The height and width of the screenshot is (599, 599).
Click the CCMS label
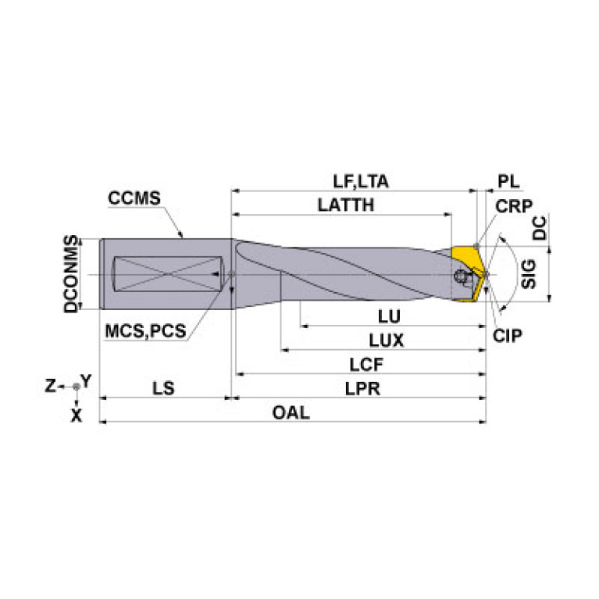tap(134, 198)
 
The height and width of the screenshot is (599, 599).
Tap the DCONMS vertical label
tap(72, 273)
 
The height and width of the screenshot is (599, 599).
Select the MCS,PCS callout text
tap(145, 330)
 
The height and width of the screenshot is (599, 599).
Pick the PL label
tap(508, 181)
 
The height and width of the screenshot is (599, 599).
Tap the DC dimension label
tap(539, 228)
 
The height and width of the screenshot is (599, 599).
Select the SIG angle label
tap(529, 275)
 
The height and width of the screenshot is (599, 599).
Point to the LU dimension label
tap(389, 317)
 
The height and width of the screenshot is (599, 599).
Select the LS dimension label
tap(163, 388)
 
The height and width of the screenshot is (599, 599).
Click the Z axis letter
tap(49, 385)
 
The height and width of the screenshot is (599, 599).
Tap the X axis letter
tap(76, 415)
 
